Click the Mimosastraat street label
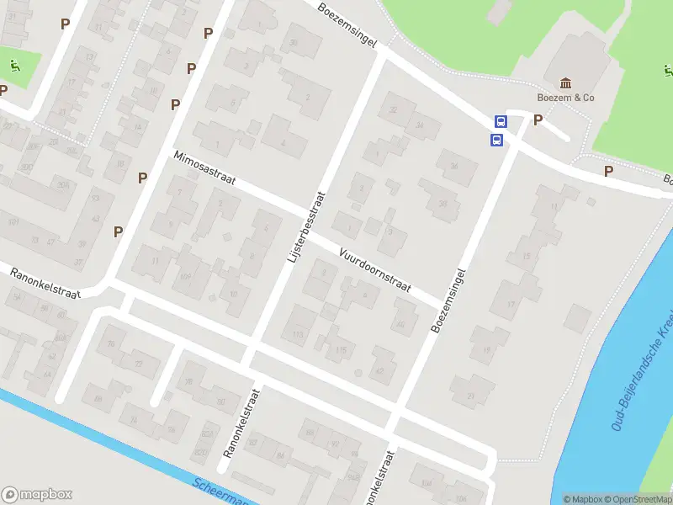click(x=204, y=168)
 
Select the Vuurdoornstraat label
click(x=374, y=269)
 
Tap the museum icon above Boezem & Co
click(x=565, y=83)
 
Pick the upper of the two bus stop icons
click(x=501, y=121)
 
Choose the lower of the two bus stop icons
click(x=496, y=140)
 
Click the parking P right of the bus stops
click(x=538, y=121)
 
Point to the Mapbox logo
click(x=37, y=494)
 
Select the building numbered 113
click(x=297, y=335)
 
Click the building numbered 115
click(x=340, y=350)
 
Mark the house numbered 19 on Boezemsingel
click(x=485, y=350)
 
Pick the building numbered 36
click(x=454, y=167)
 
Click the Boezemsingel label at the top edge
click(x=347, y=25)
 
